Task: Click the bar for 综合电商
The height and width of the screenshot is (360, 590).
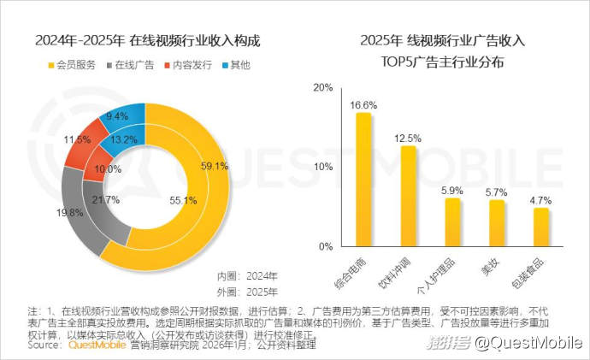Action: point(364,180)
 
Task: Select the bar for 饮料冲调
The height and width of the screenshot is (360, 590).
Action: point(408,196)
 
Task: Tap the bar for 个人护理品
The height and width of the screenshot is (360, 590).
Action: point(452,222)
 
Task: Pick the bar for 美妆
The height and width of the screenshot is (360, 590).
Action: point(497,223)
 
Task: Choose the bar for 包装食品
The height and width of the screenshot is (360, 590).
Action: point(540,227)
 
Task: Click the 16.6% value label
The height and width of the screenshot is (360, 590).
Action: point(364,103)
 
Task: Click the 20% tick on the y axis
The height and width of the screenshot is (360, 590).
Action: point(322,87)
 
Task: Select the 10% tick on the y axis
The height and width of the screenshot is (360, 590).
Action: point(322,167)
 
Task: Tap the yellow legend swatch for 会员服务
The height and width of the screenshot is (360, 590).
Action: point(50,65)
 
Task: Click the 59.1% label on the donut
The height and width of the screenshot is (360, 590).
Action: point(214,166)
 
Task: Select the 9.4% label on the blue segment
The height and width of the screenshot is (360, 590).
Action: point(117,116)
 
